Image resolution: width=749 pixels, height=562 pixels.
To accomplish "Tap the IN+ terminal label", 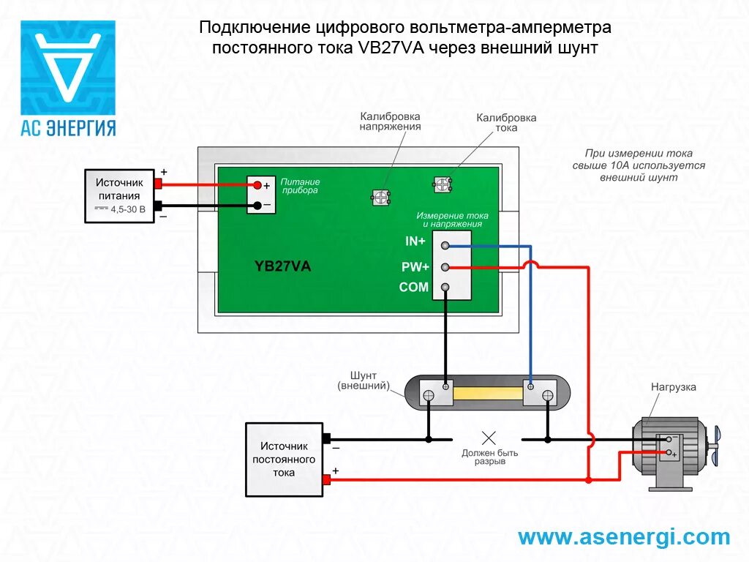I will pos(415,241).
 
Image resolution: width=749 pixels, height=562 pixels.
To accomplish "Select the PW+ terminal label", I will pos(415,267).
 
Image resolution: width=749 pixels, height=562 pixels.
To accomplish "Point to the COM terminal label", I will pos(414,288).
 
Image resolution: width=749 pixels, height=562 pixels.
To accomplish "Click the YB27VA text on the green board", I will pos(282,266).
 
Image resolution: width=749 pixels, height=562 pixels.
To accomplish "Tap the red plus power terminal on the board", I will pos(257,186).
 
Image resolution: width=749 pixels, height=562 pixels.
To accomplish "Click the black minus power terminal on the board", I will pos(257,206).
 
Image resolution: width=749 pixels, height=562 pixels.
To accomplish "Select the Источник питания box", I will pos(119,196).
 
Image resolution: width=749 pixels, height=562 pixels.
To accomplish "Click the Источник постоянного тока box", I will pos(285,459).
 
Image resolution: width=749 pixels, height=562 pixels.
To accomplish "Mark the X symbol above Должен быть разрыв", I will pos(489,438).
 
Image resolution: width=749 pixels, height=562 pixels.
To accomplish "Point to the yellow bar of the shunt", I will pos(489,395).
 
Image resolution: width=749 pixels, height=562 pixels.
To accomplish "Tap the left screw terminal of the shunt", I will pos(430,395).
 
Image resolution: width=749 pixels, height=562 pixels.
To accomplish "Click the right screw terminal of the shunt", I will pos(547,395).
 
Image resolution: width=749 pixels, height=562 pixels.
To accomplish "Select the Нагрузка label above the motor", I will pos(674,387).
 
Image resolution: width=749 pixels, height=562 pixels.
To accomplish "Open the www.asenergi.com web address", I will pos(624,537).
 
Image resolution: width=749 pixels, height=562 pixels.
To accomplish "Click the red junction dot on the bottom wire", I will pos(589,480).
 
